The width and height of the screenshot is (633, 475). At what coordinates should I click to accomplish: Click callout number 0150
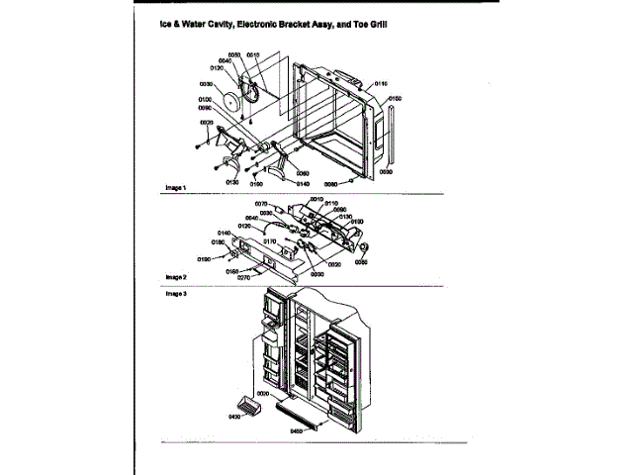(394, 99)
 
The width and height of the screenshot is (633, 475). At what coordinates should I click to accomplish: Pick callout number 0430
(234, 420)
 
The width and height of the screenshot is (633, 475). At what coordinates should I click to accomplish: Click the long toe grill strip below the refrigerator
(301, 411)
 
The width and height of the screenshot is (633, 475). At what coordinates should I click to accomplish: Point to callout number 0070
(247, 203)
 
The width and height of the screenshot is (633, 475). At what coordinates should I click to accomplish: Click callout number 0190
(204, 258)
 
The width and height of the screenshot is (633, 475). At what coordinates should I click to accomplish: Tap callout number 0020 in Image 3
(262, 395)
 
